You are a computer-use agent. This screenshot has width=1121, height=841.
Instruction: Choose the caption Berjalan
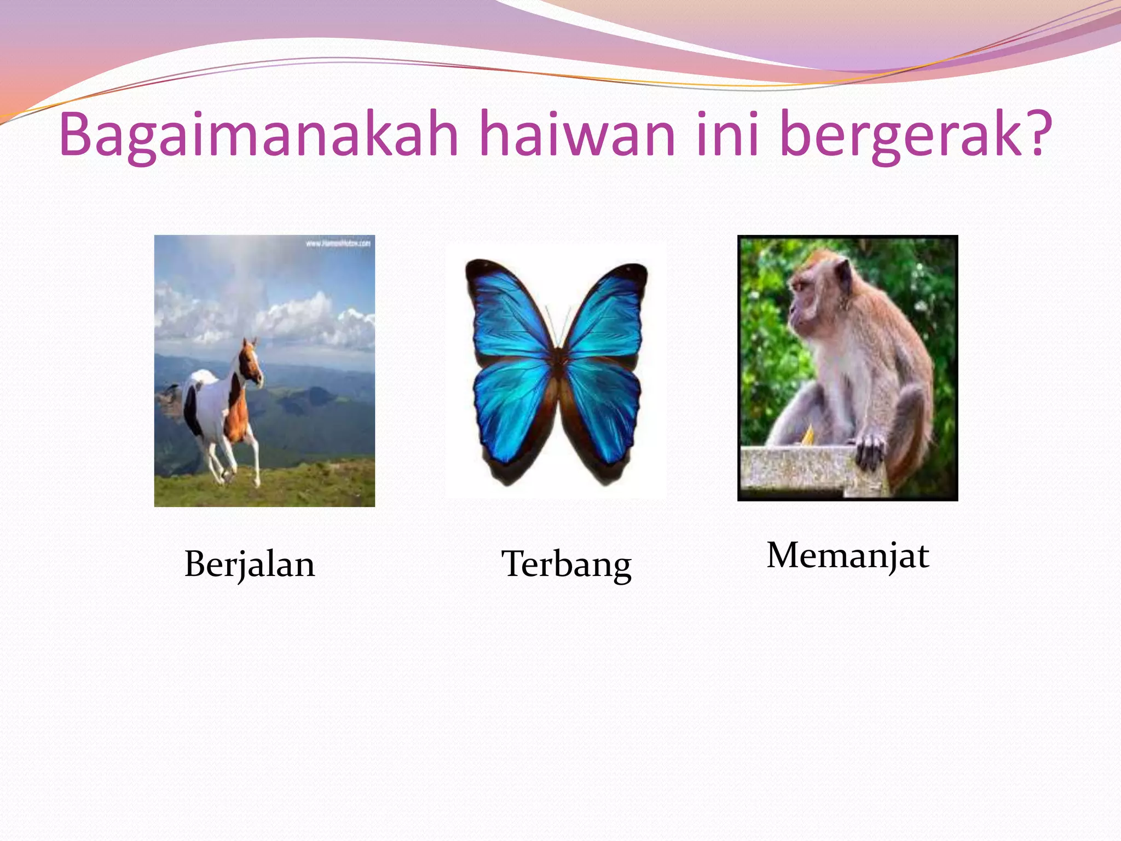(250, 564)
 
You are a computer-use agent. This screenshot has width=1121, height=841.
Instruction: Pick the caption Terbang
(567, 564)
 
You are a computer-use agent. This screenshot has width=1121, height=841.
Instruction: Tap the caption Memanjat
(848, 556)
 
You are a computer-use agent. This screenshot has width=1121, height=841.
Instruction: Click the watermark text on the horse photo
(338, 243)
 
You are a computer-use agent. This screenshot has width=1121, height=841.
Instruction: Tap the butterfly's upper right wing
(608, 312)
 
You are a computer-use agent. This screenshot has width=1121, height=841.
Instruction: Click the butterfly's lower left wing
(509, 411)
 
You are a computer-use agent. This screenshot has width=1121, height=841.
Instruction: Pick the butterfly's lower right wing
(605, 411)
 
